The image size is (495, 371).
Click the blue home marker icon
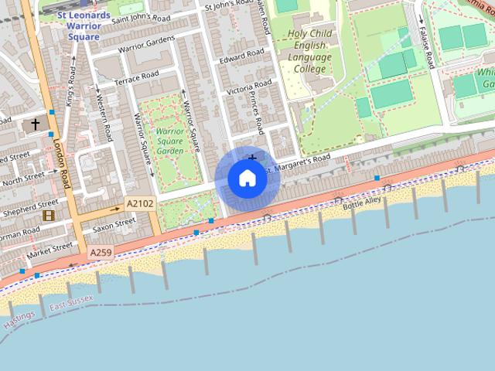click(x=247, y=179)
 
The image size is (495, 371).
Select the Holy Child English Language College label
click(x=310, y=51)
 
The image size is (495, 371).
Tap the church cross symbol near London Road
click(x=35, y=124)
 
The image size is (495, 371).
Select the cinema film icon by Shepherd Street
click(x=49, y=215)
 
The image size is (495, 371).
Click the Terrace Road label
click(x=136, y=78)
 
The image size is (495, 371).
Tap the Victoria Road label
click(x=248, y=87)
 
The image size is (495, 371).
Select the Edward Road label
click(x=241, y=59)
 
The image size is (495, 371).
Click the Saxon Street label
click(x=113, y=226)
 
